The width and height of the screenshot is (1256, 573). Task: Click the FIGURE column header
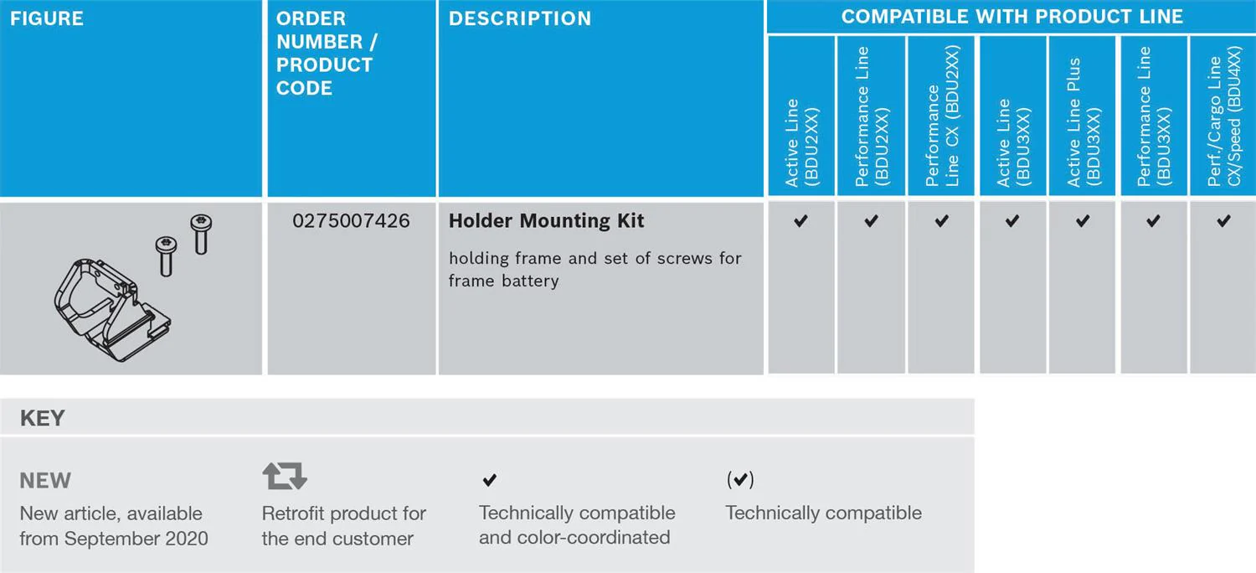click(47, 18)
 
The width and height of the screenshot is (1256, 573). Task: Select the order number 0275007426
click(351, 220)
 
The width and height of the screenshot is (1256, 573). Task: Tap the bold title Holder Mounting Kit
click(546, 220)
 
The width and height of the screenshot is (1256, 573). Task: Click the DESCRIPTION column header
click(520, 18)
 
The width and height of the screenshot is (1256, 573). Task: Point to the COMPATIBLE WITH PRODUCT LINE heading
click(1012, 17)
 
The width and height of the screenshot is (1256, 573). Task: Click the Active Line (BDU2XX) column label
click(802, 142)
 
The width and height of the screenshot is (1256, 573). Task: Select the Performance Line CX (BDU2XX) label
click(943, 116)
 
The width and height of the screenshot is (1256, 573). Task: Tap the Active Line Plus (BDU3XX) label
click(1084, 121)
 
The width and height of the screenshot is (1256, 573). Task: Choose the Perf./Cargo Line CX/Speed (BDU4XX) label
click(1224, 116)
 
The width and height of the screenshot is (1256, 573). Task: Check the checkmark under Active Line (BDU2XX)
click(801, 221)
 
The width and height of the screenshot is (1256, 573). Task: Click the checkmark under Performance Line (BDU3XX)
click(1153, 221)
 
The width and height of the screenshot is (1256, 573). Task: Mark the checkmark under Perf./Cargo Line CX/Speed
click(1224, 221)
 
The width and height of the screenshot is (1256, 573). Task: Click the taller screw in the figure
click(201, 234)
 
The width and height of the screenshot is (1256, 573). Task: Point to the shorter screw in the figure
click(166, 256)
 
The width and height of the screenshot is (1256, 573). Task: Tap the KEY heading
click(43, 418)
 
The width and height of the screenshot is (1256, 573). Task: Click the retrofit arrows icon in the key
click(285, 476)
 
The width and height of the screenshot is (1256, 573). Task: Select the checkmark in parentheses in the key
click(740, 479)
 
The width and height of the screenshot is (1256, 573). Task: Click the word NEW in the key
click(45, 481)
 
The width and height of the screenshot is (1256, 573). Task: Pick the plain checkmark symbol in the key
click(490, 480)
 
